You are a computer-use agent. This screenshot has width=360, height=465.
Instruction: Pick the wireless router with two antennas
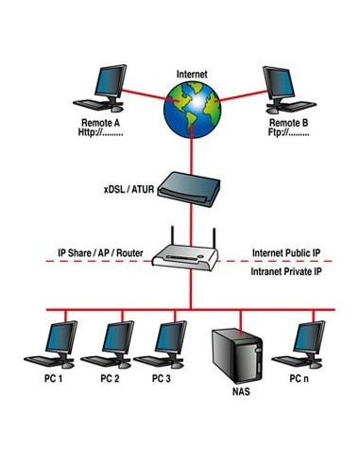190,253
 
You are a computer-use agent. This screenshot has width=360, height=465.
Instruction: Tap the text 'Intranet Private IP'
287,271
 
